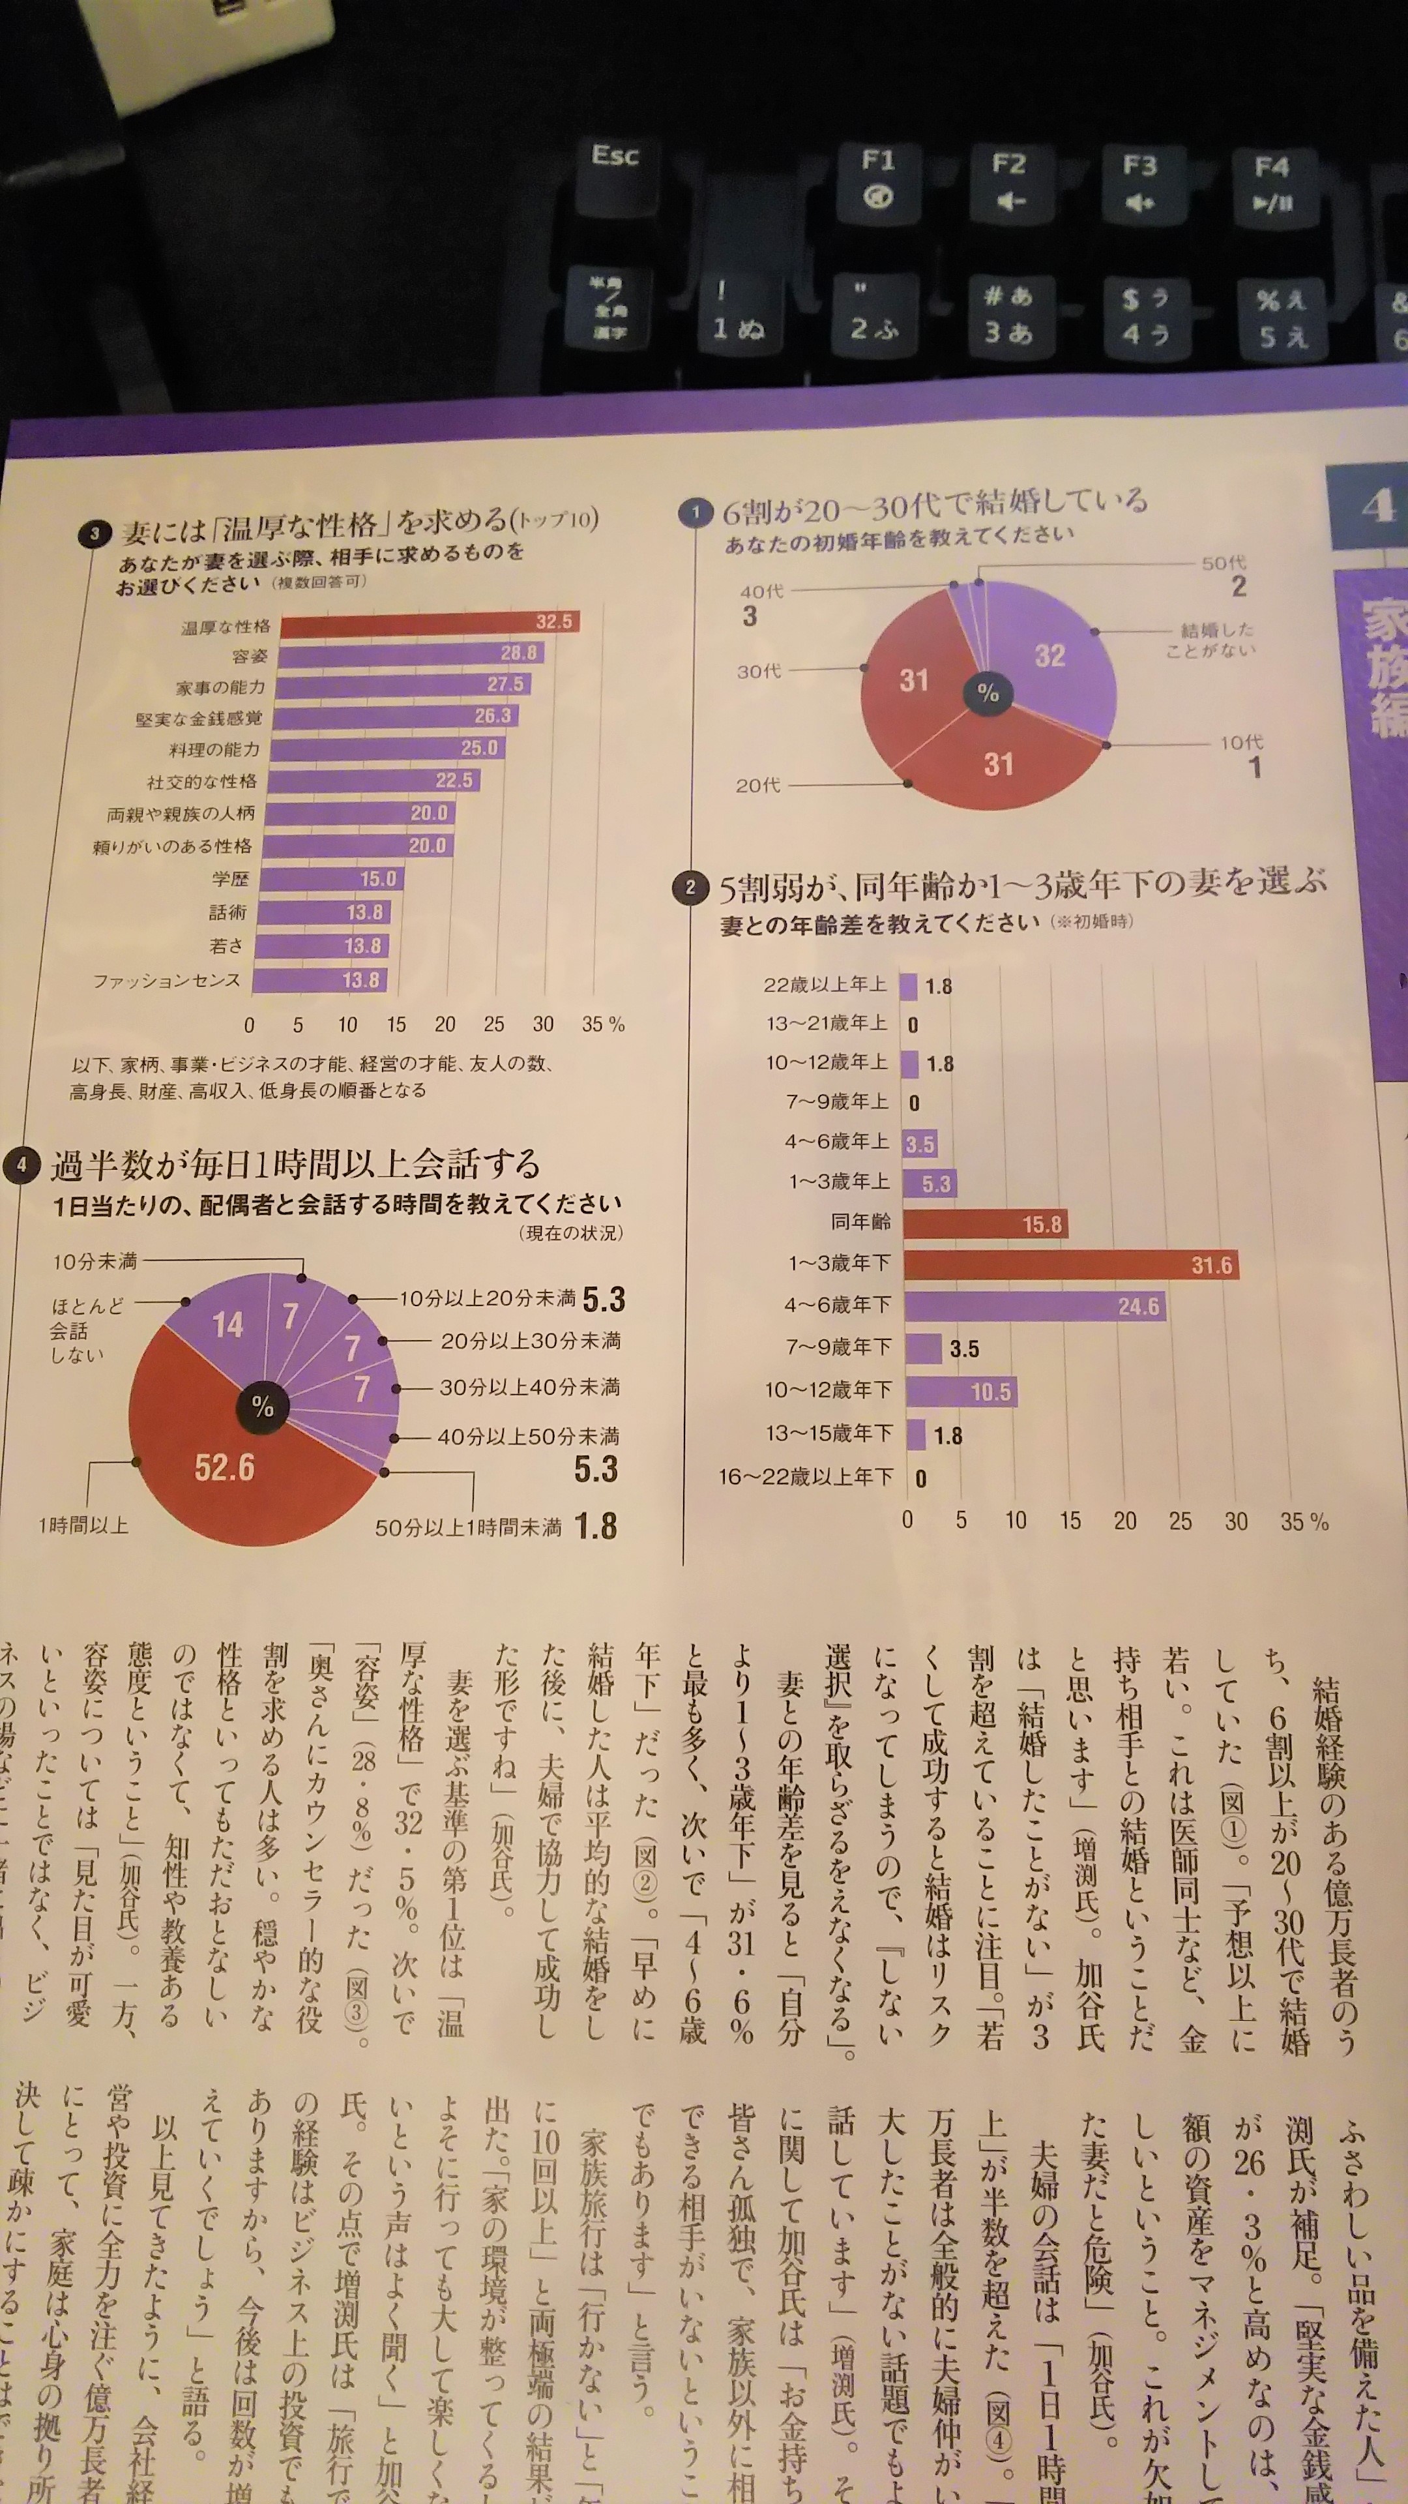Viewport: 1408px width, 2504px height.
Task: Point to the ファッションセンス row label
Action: coord(166,981)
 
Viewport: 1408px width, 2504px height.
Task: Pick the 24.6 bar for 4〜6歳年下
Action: coord(1034,1306)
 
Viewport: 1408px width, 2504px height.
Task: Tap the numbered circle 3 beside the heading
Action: coord(95,533)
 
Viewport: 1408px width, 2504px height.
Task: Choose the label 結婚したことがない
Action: coord(1210,640)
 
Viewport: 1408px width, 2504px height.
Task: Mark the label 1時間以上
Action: coord(83,1526)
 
